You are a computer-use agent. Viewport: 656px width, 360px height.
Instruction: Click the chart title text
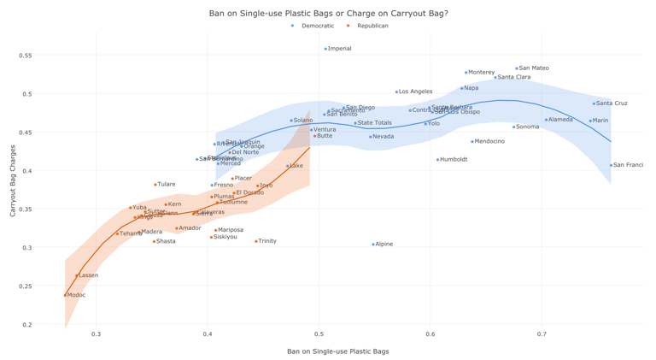click(328, 13)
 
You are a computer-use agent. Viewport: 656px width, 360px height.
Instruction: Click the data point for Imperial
click(325, 49)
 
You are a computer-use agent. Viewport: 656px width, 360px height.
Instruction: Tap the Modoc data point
click(65, 295)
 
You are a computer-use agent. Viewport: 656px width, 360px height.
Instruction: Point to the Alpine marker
click(373, 245)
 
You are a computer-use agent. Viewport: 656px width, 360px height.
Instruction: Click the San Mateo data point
click(517, 68)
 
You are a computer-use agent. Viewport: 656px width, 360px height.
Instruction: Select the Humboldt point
click(438, 160)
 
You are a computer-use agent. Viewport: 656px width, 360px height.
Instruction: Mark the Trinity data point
click(256, 241)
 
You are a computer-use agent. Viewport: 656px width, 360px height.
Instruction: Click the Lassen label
click(88, 275)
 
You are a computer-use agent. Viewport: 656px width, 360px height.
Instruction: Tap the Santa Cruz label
click(612, 103)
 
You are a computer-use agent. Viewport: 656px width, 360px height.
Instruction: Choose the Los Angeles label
click(416, 91)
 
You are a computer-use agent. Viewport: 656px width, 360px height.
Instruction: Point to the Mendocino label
click(489, 141)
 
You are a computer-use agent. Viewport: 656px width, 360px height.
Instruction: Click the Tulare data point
click(155, 185)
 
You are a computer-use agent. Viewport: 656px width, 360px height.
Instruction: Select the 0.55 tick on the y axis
click(25, 56)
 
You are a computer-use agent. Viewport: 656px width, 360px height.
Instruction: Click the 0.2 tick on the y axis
click(27, 325)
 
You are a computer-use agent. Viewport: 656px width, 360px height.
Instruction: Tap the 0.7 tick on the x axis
click(542, 334)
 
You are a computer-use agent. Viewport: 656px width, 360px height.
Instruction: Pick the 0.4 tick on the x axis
click(208, 334)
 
